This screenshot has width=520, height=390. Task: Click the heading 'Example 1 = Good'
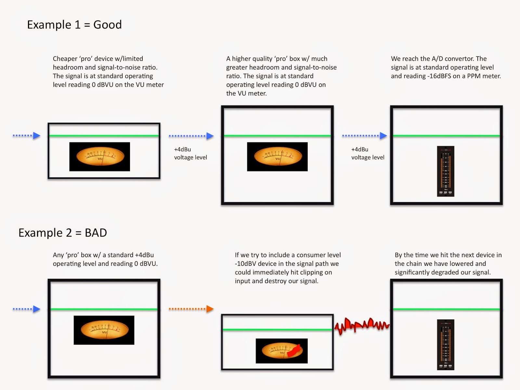coord(74,25)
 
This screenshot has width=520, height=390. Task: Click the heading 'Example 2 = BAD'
coord(63,233)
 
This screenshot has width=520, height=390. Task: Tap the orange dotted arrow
coord(191,309)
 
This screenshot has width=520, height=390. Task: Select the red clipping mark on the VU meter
coord(295,350)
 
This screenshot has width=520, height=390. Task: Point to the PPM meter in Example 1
coord(446,171)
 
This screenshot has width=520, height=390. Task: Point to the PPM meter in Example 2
coord(446,344)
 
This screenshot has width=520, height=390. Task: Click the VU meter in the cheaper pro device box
coord(99,157)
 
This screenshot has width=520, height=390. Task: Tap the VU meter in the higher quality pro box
coord(277,157)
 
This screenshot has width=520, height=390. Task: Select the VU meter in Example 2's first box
coord(104,330)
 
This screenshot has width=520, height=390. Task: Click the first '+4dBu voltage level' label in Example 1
coord(190,153)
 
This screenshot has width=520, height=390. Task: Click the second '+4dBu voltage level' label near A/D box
coord(368,153)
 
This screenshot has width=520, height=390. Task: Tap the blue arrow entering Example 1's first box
coord(27,136)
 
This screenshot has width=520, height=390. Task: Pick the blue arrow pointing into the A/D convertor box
coord(365,136)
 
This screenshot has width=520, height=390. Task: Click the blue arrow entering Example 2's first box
coord(27,309)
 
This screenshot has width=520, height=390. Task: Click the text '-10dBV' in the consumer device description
coord(246,264)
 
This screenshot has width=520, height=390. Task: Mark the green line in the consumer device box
coord(277,330)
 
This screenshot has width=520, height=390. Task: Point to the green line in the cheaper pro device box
coord(104,136)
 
